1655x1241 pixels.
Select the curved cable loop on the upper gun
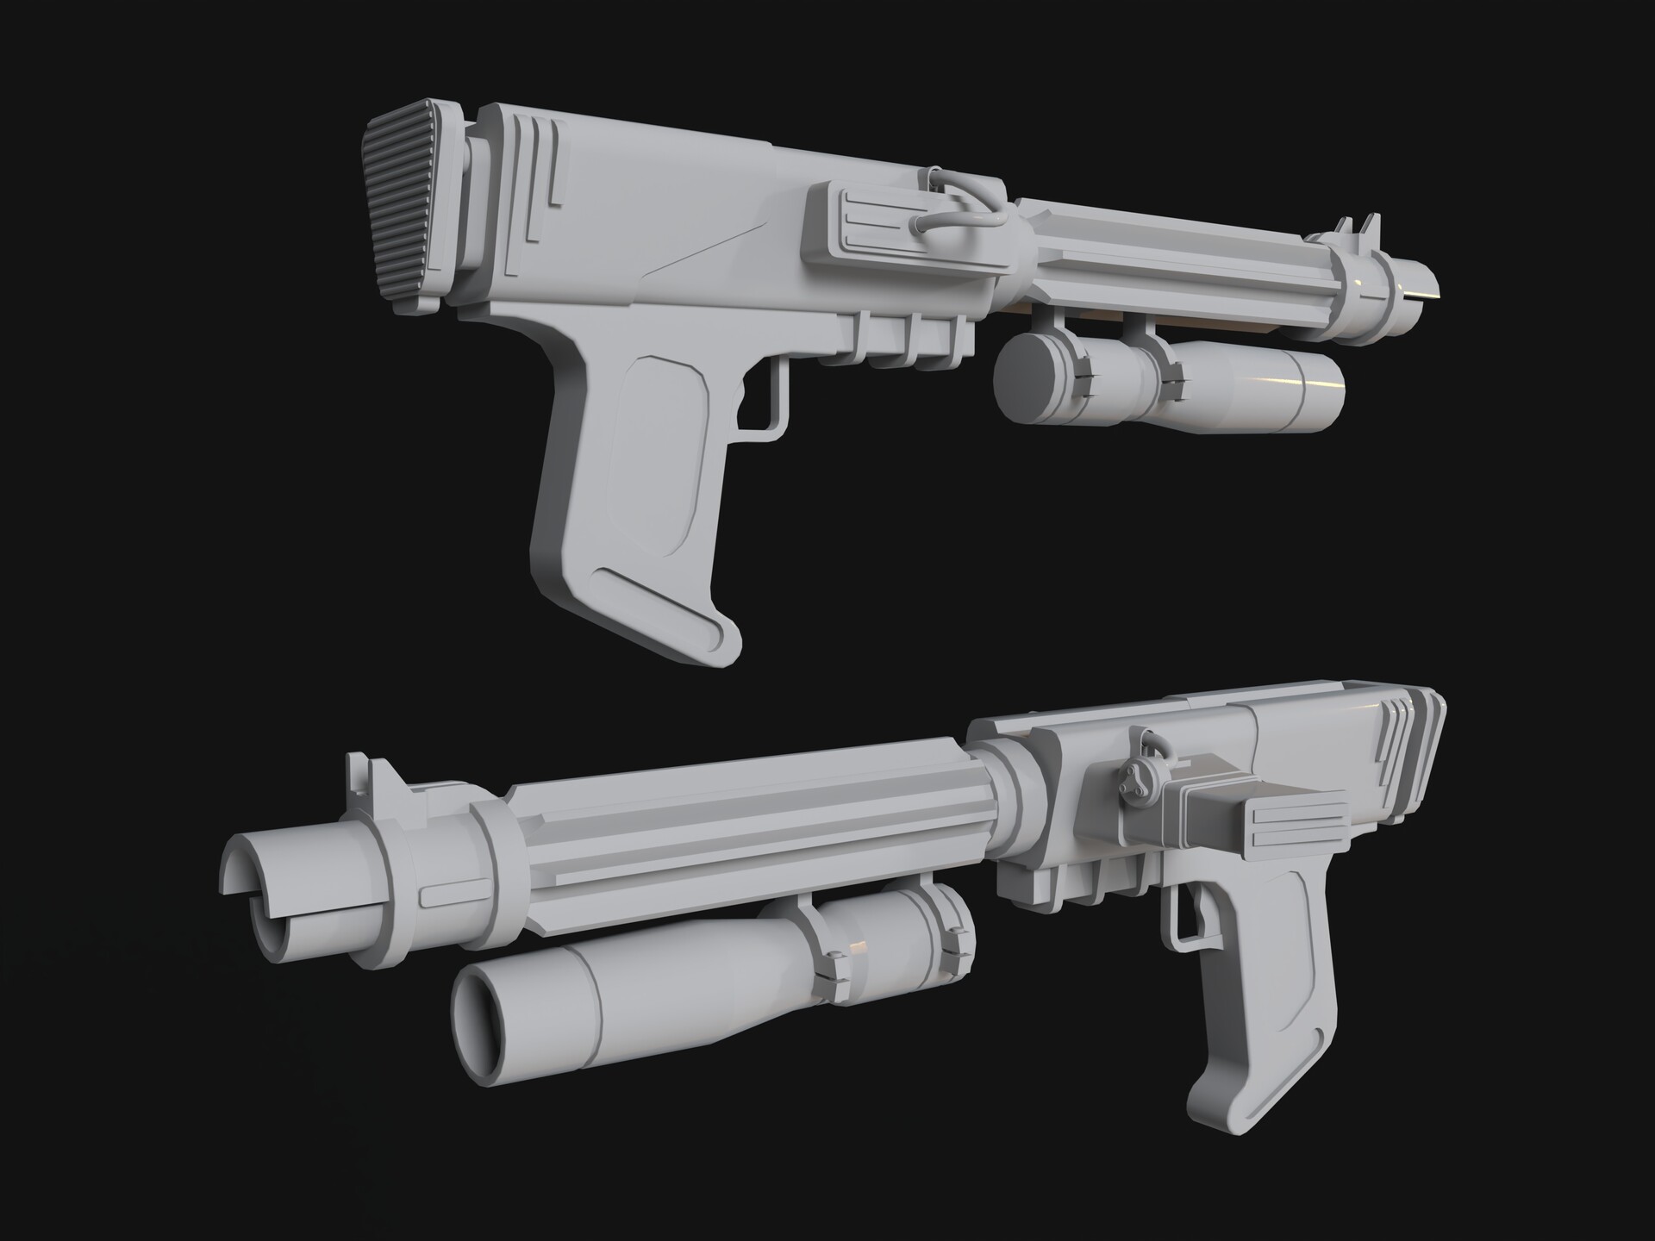coord(957,220)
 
